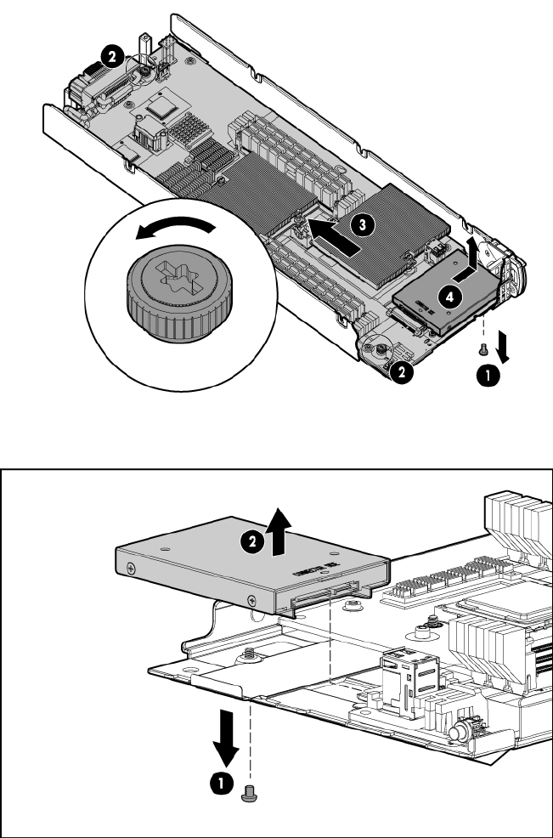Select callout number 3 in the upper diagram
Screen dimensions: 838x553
point(362,224)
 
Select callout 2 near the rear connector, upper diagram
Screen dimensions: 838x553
point(110,56)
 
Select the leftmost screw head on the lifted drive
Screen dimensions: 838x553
point(130,568)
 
